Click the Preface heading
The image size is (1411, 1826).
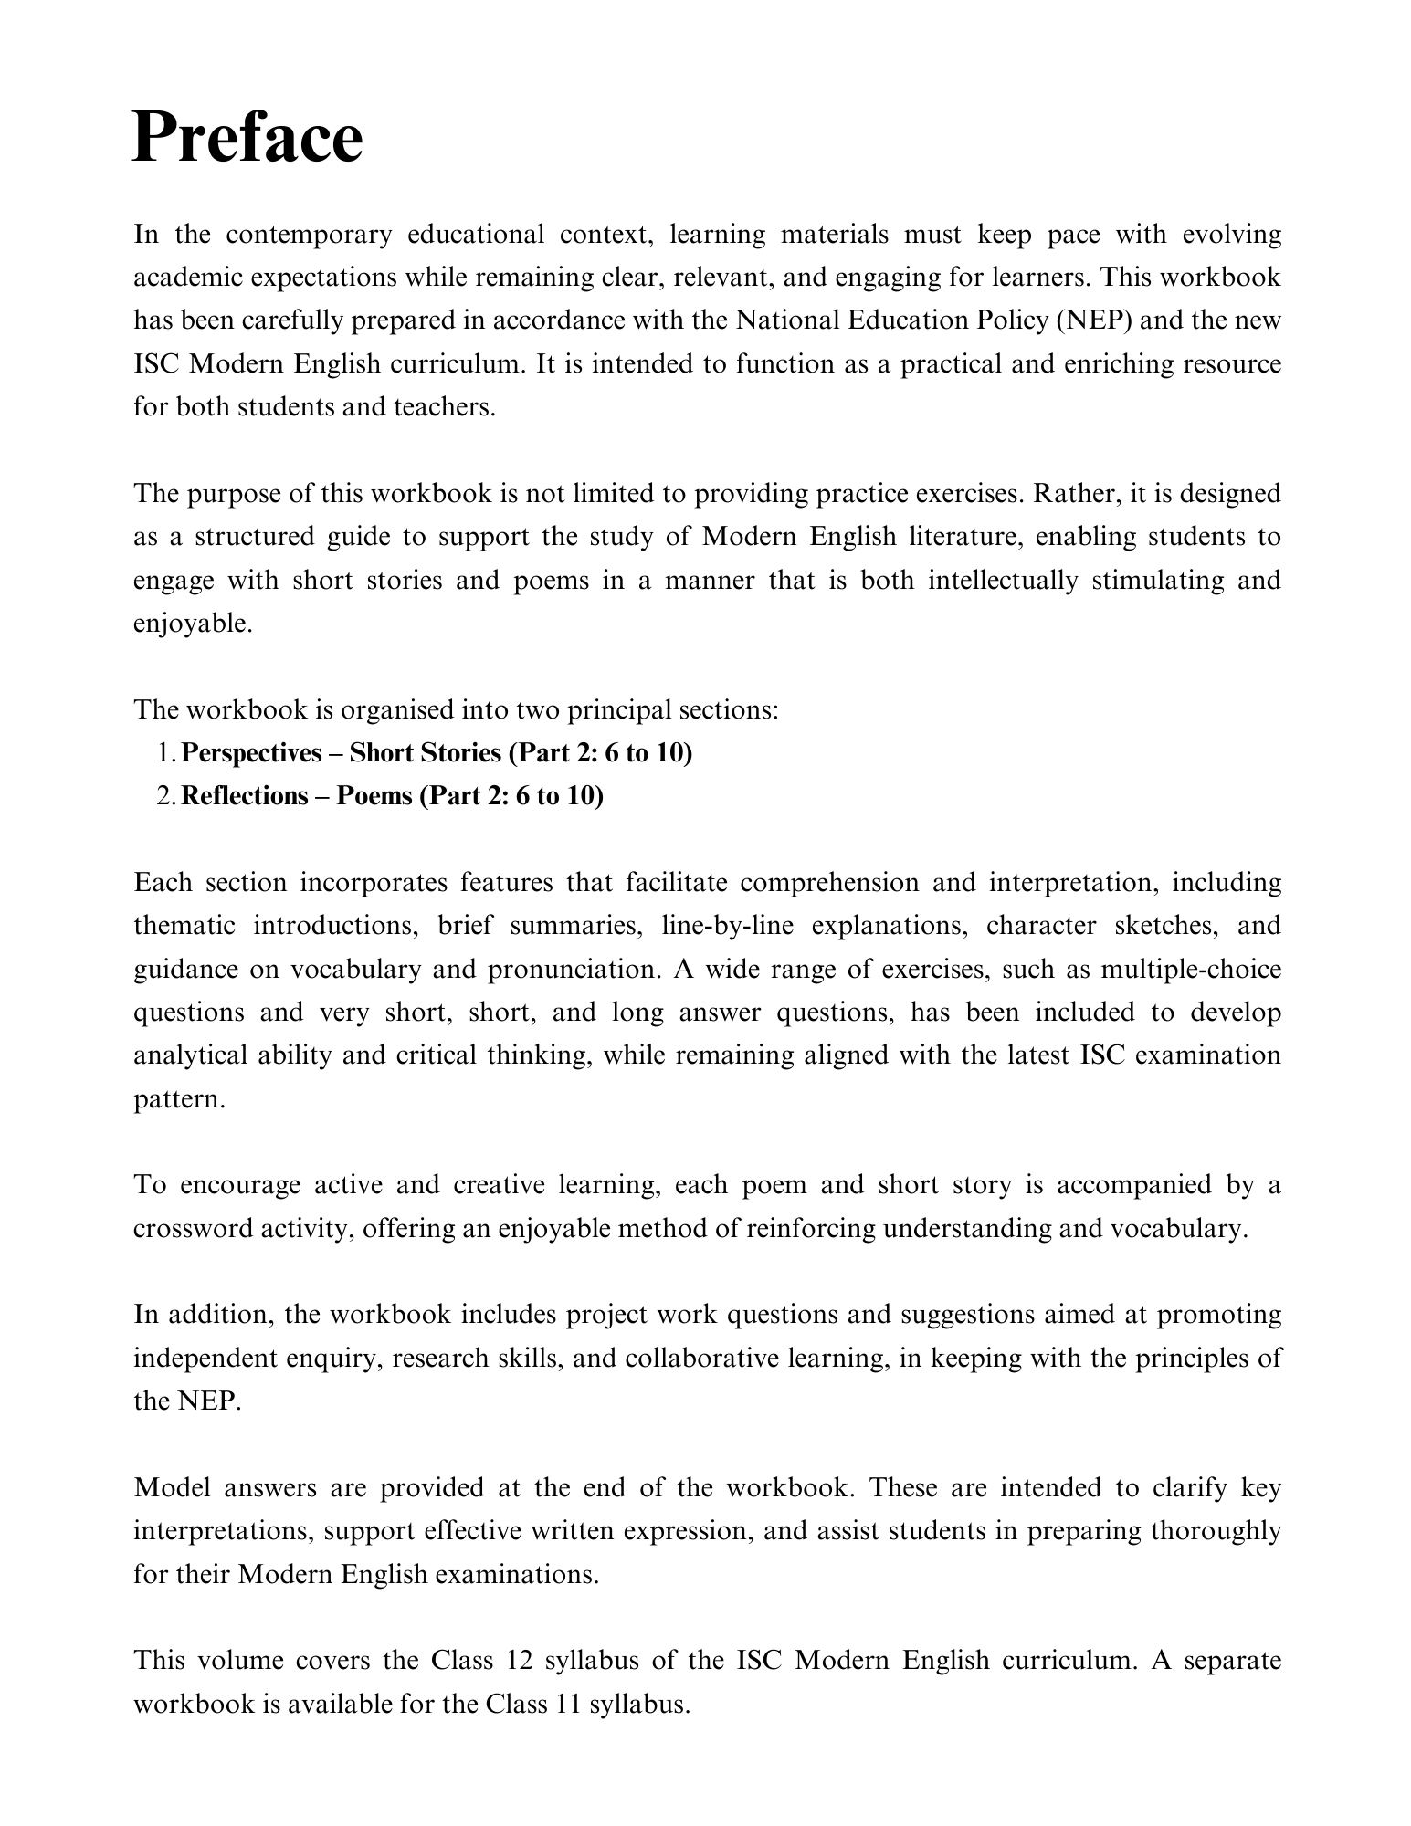tap(247, 138)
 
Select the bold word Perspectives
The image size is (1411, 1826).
tap(252, 753)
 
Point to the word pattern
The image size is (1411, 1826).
tap(177, 1098)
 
